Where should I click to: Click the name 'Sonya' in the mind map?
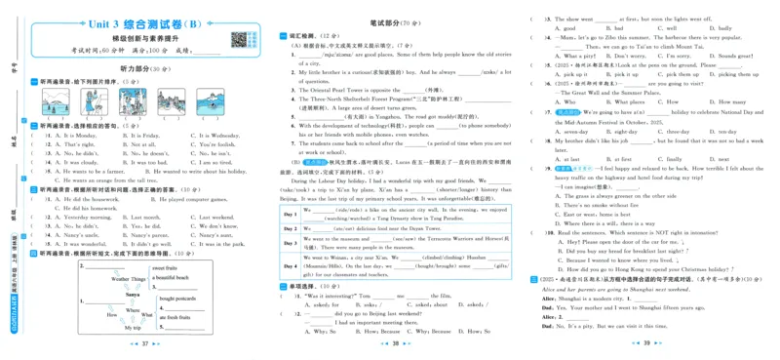click(x=135, y=294)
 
